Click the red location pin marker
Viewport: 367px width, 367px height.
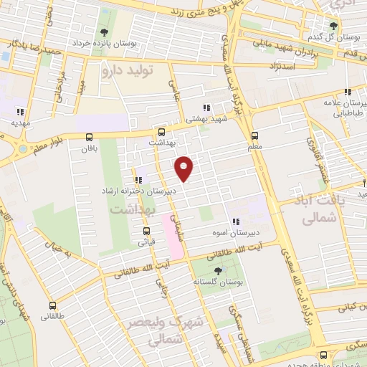click(184, 168)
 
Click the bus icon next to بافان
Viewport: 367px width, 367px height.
click(89, 138)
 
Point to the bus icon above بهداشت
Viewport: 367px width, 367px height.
click(161, 132)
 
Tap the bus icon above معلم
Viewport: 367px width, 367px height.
click(254, 136)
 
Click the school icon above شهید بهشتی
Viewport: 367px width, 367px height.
click(207, 108)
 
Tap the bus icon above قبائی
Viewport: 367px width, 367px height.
click(146, 231)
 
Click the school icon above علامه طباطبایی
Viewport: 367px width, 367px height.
click(348, 92)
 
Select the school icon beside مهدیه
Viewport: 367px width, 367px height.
click(20, 111)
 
